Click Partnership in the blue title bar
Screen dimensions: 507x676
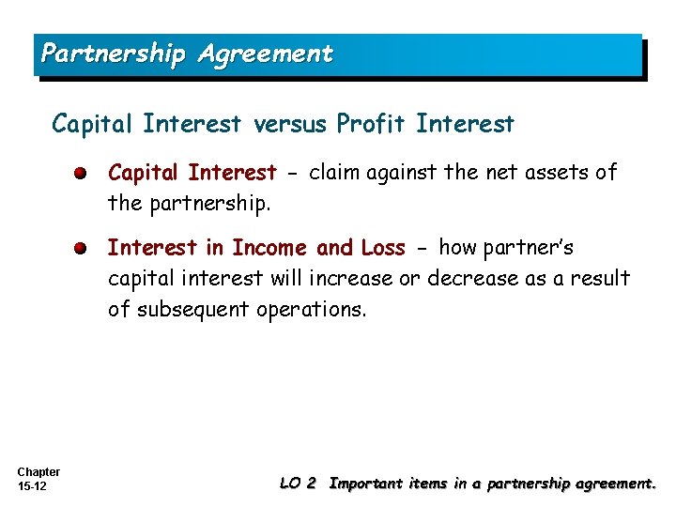[x=114, y=54]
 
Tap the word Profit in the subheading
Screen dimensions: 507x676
[x=373, y=124]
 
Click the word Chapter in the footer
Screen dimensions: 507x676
[x=38, y=472]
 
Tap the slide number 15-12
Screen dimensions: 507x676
[x=33, y=486]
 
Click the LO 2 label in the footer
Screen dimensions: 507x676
[x=298, y=484]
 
